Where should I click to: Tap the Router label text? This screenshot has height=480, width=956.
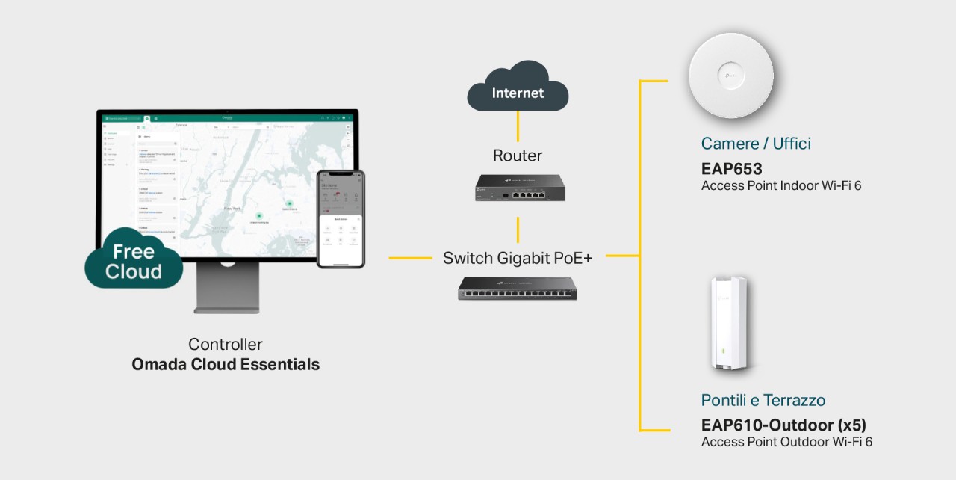[x=518, y=156]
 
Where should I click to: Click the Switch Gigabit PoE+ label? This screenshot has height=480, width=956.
[x=518, y=258]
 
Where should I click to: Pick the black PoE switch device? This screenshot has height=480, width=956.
[x=518, y=288]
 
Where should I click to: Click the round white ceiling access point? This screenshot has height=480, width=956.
[x=730, y=76]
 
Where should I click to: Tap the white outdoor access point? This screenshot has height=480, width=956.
[x=729, y=323]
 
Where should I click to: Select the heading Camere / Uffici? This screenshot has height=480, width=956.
[x=756, y=144]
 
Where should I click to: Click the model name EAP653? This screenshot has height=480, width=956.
[x=731, y=169]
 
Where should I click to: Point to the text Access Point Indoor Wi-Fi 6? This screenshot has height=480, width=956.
[x=781, y=185]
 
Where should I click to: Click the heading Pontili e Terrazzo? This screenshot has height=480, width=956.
[x=763, y=400]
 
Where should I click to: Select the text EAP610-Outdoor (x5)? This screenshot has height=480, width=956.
[x=783, y=425]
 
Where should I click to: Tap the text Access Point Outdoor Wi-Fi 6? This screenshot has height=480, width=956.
[x=786, y=442]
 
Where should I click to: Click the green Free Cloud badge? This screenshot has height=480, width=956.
[x=134, y=261]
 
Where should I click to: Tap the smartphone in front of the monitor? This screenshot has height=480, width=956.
[x=341, y=218]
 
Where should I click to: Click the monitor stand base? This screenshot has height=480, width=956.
[x=227, y=306]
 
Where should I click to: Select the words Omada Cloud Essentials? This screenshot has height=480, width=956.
[x=226, y=365]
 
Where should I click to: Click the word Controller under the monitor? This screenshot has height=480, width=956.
[x=226, y=345]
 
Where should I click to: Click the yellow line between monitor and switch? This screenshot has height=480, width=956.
[x=409, y=258]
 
